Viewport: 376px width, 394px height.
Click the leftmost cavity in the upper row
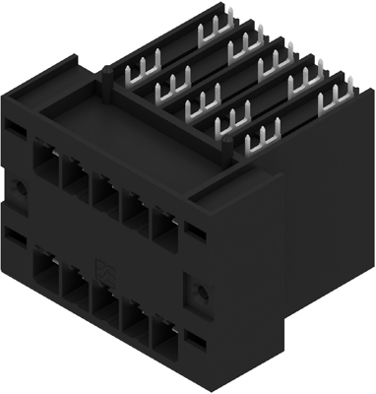46,160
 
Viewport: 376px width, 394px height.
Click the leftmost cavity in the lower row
46,268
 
